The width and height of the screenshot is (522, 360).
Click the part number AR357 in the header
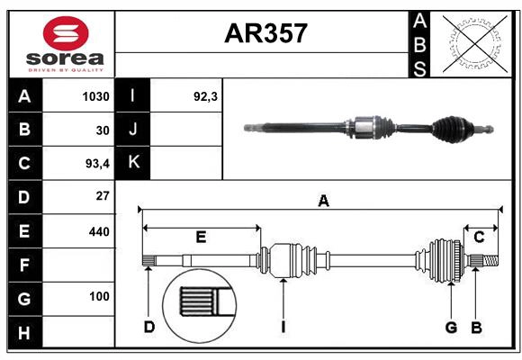point(265,33)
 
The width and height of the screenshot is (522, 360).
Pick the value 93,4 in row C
point(95,163)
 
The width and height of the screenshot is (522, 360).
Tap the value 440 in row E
point(98,231)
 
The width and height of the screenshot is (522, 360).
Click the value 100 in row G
point(99,297)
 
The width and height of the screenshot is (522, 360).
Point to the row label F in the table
point(24,265)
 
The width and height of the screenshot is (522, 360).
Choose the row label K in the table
point(133,163)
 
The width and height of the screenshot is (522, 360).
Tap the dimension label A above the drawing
point(323,202)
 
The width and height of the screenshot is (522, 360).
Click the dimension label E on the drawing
point(201,238)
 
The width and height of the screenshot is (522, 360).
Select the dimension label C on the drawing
point(480,238)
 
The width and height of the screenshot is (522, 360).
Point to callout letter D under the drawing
point(149,327)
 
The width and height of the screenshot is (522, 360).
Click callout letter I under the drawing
point(283,327)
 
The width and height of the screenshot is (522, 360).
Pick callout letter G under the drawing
point(451,327)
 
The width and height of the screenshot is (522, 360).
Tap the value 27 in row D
point(102,196)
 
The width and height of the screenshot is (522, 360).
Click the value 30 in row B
point(102,130)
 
